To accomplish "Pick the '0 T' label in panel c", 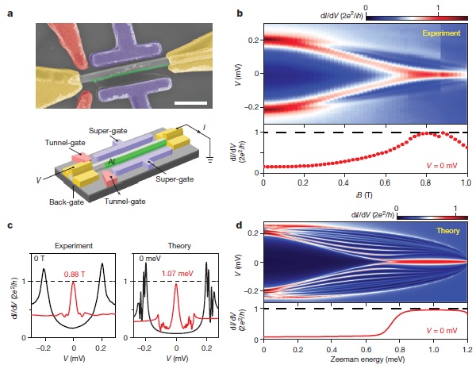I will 39,258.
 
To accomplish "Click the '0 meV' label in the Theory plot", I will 144,258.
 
